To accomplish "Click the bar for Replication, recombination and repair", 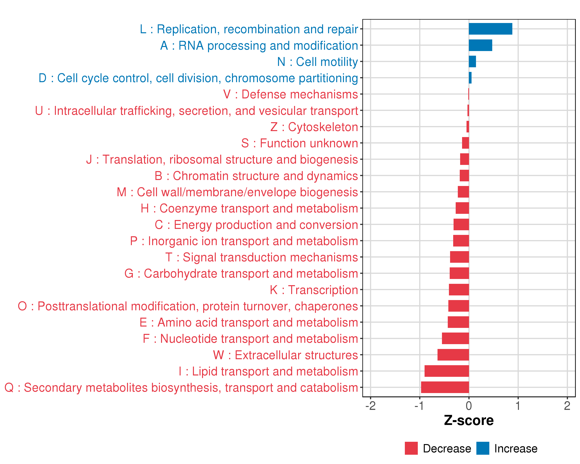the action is (490, 29).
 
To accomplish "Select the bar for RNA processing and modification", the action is (480, 45).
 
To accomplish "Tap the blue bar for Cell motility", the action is (472, 62).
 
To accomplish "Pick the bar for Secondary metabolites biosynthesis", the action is (445, 387).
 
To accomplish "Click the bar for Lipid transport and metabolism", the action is (447, 371).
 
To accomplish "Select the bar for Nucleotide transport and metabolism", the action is (455, 338).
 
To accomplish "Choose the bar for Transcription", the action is (459, 290).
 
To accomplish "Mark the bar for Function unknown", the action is (465, 143).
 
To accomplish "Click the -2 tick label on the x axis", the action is (370, 406).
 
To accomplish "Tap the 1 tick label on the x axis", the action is (518, 406).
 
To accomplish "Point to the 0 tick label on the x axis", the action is (469, 406).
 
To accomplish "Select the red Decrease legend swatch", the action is (411, 448).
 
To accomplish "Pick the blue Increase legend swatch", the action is (483, 448).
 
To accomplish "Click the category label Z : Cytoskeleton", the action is (314, 127).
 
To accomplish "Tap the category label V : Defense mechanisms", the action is (291, 94).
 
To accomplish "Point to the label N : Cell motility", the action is (318, 62).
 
